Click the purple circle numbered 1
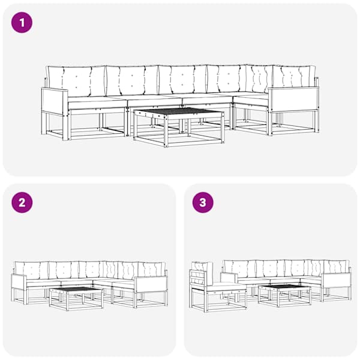pos(22,23)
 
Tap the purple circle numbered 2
pos(22,203)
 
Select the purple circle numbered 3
pos(203,203)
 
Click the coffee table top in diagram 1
pos(179,112)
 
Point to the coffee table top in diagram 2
pos(76,290)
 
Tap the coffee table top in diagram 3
pos(284,287)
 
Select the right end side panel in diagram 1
pos(293,100)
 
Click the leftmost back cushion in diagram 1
pos(76,81)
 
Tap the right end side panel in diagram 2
pos(151,284)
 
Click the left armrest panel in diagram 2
pos(19,281)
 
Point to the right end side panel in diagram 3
pos(337,280)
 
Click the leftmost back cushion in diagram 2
pos(32,270)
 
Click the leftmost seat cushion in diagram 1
pos(97,102)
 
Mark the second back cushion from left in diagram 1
pos(132,80)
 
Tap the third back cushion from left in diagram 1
pos(183,80)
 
